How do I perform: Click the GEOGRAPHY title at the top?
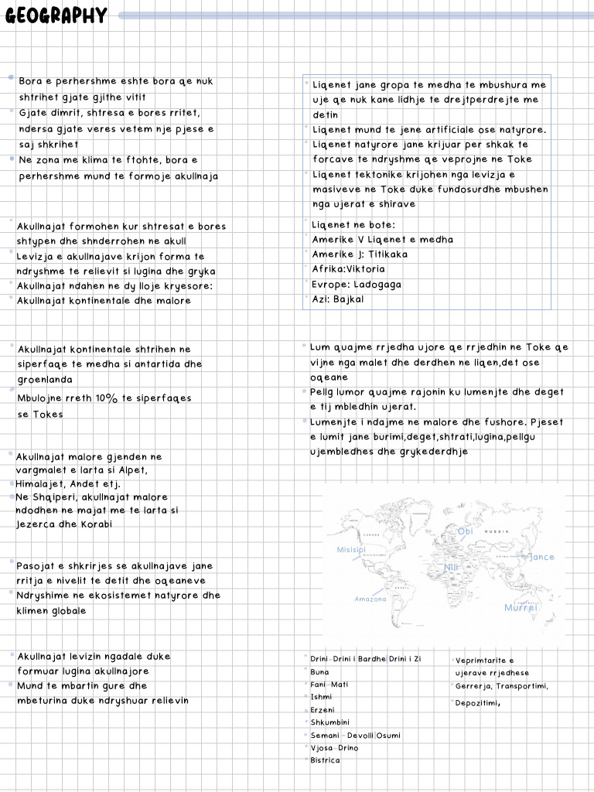[56, 16]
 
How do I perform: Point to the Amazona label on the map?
[370, 599]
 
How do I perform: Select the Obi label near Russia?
[465, 531]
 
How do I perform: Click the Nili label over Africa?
[451, 568]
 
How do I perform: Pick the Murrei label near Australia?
[520, 608]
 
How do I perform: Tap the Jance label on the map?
[542, 557]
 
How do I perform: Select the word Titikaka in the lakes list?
[388, 254]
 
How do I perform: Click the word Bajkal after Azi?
[348, 299]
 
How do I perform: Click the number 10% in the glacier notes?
[105, 398]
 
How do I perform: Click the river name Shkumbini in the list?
[329, 722]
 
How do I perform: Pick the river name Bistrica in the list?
[325, 760]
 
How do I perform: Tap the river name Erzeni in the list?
[323, 710]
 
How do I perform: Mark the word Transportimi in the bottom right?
[521, 686]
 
